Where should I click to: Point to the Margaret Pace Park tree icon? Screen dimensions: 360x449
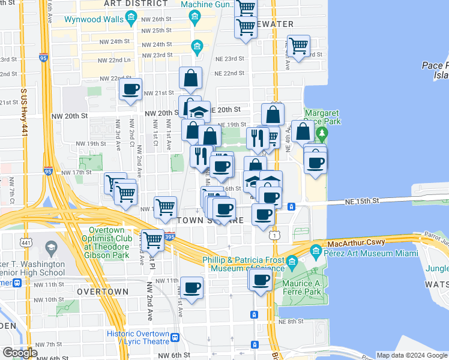click(322, 132)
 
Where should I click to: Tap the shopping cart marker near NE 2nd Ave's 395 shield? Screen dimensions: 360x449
click(153, 239)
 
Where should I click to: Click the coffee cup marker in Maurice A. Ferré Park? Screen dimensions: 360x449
click(261, 279)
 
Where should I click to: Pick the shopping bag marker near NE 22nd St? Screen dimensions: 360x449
click(190, 77)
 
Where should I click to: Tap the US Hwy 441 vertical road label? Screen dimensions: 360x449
click(24, 116)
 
